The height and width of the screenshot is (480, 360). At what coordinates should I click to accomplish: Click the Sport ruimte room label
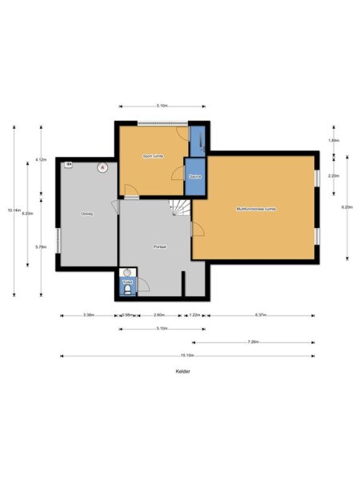[x=153, y=155]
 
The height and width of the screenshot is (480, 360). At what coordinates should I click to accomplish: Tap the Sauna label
[x=194, y=176]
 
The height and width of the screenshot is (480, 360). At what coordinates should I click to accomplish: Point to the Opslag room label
[x=86, y=214]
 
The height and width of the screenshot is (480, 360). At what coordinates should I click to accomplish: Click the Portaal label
[x=160, y=247]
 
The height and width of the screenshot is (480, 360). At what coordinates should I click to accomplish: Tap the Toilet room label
[x=126, y=282]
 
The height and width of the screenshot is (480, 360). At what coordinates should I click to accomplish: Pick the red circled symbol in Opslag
[x=102, y=167]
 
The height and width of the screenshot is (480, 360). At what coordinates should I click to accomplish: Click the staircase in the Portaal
[x=181, y=210]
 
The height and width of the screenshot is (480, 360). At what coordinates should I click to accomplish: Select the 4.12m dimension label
[x=40, y=160]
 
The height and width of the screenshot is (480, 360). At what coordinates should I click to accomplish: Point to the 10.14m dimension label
[x=14, y=210]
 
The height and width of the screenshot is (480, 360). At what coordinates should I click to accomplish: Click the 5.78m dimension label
[x=40, y=246]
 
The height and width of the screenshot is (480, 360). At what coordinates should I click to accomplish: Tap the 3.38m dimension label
[x=89, y=315]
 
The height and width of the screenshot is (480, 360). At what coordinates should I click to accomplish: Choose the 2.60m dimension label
[x=159, y=315]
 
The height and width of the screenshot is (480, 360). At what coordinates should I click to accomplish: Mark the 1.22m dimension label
[x=194, y=315]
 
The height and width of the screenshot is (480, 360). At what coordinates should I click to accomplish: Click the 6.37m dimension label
[x=261, y=315]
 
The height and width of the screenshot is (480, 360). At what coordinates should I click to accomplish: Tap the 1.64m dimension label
[x=334, y=141]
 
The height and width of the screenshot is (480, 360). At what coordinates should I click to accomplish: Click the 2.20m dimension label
[x=334, y=175]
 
